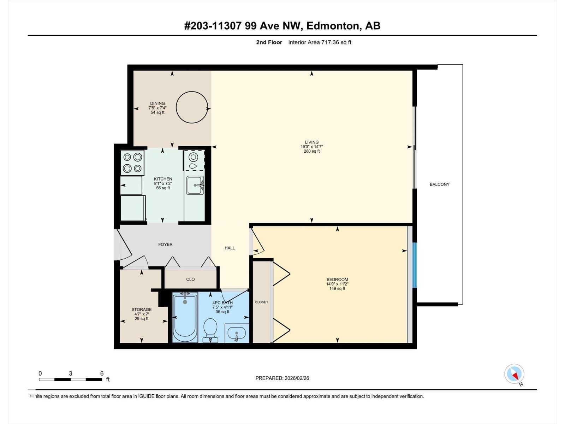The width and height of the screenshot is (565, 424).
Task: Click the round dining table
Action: coord(192,92)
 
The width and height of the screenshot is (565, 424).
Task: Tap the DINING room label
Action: coord(157,103)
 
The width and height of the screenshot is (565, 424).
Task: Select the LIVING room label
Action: coord(312,142)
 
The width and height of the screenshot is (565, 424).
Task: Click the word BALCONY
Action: coord(439,184)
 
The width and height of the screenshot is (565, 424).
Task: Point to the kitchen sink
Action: coord(195,185)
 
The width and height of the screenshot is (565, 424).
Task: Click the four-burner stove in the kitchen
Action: coord(132,163)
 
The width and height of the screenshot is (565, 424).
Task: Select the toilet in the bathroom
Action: coord(210,331)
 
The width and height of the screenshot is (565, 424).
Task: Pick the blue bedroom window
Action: coord(415,265)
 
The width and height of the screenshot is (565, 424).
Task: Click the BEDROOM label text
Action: coord(337,279)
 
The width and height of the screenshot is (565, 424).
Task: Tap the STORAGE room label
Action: coord(142,310)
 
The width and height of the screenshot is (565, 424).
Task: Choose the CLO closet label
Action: coord(190,279)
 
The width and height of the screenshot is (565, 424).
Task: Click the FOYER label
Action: coord(165,245)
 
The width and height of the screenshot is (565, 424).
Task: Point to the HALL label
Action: coord(230,248)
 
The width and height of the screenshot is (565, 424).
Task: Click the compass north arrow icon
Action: coord(514,374)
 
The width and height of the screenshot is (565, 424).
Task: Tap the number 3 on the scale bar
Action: coord(71,373)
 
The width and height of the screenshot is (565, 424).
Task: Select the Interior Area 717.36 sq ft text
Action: coord(320,42)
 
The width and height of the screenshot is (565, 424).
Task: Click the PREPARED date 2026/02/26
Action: coord(297,378)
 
